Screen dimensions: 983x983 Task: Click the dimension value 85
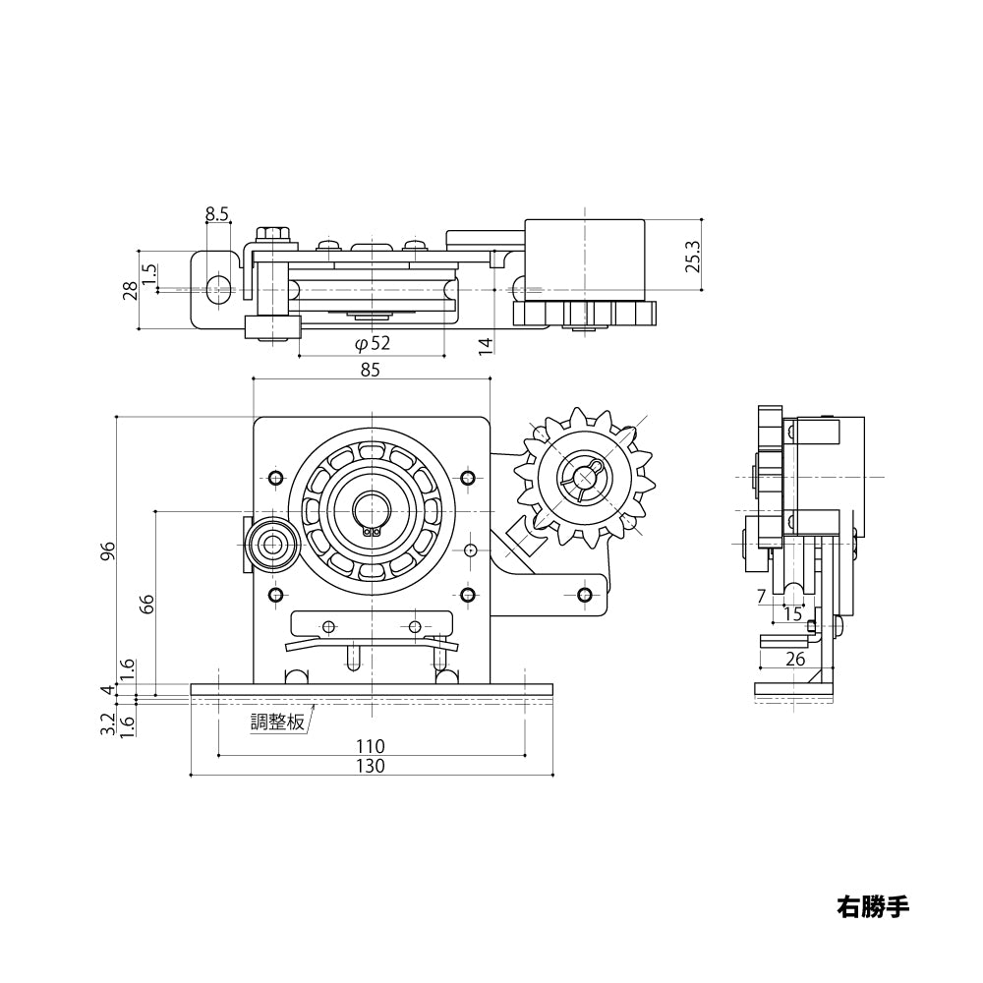(x=370, y=370)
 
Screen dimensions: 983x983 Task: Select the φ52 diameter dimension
(x=372, y=343)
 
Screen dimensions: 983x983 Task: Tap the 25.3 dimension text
(x=693, y=256)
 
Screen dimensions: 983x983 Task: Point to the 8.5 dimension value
(x=217, y=213)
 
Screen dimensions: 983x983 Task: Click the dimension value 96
(x=108, y=552)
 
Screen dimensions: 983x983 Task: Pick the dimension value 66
(x=146, y=604)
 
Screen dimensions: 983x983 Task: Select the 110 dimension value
(x=371, y=746)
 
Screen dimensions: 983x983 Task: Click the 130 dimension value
(x=371, y=766)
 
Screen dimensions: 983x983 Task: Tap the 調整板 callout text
(x=277, y=722)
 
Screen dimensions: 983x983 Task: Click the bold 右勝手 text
(x=873, y=905)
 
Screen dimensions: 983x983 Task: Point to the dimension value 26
(x=795, y=659)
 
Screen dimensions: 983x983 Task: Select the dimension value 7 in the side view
(x=762, y=596)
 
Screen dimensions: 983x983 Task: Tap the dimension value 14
(x=485, y=344)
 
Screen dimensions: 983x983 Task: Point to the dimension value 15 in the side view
(x=792, y=614)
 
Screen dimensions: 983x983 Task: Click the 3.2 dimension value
(x=108, y=724)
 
